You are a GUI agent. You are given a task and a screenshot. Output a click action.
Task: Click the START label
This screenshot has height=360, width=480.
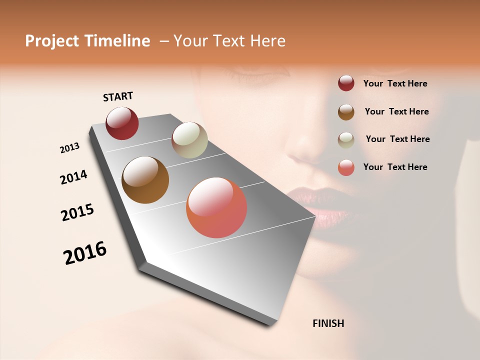coord(118,96)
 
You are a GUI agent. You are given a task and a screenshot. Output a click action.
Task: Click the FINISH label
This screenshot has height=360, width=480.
coord(328,323)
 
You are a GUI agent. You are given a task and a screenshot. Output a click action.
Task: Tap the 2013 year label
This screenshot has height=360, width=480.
coord(69,148)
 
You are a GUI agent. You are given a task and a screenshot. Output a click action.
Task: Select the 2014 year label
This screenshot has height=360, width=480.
coord(73,177)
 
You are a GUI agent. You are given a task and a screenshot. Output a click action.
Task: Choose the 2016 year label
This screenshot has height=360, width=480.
coord(85,253)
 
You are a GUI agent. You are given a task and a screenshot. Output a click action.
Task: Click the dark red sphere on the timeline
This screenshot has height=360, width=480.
coord(122,123)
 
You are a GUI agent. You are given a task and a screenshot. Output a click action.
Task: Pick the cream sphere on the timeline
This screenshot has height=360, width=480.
coord(189,140)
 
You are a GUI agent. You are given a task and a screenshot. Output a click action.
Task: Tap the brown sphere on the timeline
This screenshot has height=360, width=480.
coord(145,180)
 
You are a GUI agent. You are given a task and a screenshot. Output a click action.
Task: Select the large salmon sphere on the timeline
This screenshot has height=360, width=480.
coord(216,207)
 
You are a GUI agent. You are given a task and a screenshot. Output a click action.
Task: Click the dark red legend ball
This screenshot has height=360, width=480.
coord(346,83)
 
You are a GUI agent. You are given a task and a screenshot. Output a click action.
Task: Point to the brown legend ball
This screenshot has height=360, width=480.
coord(346,112)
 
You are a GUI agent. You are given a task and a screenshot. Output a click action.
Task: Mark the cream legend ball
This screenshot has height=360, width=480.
coord(346,140)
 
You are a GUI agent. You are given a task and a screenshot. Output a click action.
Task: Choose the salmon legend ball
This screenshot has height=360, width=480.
coord(346,167)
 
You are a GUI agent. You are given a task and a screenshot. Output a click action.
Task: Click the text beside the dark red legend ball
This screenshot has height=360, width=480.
coord(395,84)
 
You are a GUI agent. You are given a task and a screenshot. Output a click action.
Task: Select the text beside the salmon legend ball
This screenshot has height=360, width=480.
coord(395,167)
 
